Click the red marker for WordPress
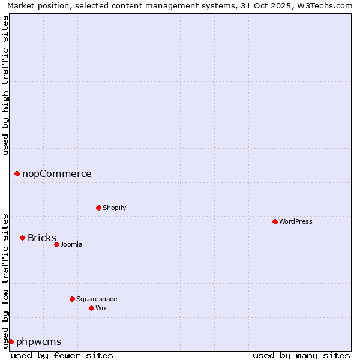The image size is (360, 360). pyautogui.click(x=275, y=221)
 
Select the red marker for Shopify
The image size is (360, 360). pyautogui.click(x=98, y=208)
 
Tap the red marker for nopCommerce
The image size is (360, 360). pyautogui.click(x=17, y=173)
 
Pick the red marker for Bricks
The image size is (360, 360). pyautogui.click(x=22, y=238)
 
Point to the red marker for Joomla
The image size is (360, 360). pyautogui.click(x=56, y=244)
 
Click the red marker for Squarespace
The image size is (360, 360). pyautogui.click(x=72, y=299)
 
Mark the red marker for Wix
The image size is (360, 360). pyautogui.click(x=91, y=308)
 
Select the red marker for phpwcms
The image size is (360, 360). pyautogui.click(x=11, y=341)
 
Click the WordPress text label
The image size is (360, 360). pyautogui.click(x=296, y=221)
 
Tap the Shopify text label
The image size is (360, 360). pyautogui.click(x=114, y=208)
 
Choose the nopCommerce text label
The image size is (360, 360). pyautogui.click(x=57, y=173)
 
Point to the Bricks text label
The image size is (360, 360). pyautogui.click(x=42, y=238)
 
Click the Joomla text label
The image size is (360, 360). pyautogui.click(x=71, y=244)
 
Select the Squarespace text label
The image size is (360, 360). pyautogui.click(x=97, y=299)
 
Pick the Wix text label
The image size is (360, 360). pyautogui.click(x=101, y=308)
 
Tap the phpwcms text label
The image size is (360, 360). pyautogui.click(x=39, y=341)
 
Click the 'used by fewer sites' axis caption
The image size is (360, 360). pyautogui.click(x=62, y=355)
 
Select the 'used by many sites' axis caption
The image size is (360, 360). pyautogui.click(x=301, y=355)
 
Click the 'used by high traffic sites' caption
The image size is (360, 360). pyautogui.click(x=5, y=85)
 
